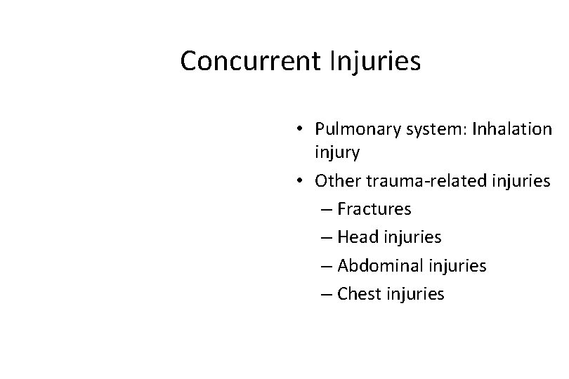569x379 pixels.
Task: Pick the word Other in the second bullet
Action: click(x=334, y=181)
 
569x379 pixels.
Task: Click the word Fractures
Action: click(x=374, y=209)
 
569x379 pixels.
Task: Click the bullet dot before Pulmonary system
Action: click(x=300, y=129)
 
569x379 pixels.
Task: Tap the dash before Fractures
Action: click(x=325, y=210)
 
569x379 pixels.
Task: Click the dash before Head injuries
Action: click(x=325, y=238)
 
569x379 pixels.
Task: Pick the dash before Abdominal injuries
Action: click(x=325, y=267)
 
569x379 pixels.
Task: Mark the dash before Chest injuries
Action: click(x=325, y=295)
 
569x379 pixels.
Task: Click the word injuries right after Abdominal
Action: click(x=457, y=266)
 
